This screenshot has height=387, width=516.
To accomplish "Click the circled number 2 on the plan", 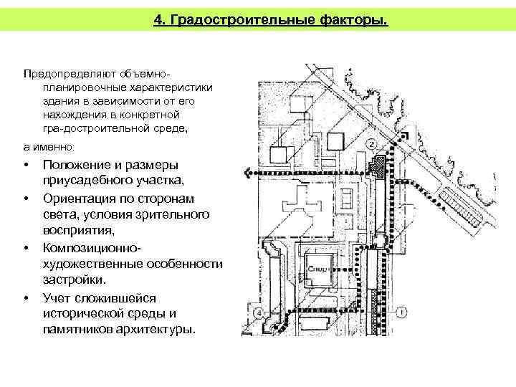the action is (371, 144).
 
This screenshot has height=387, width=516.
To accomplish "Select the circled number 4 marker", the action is (258, 312).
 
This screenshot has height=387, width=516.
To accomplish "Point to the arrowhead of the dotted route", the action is (247, 173).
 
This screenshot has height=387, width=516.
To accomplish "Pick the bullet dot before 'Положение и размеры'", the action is (26, 166).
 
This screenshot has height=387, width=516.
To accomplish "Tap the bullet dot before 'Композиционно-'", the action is (26, 248).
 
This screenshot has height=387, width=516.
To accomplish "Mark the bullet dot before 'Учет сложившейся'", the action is (26, 297).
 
